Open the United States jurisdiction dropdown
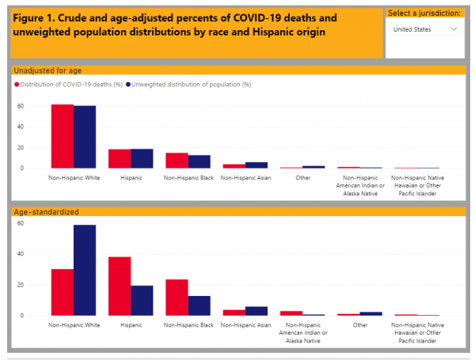(x=425, y=28)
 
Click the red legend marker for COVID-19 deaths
(x=17, y=84)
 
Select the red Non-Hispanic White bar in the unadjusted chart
(x=63, y=136)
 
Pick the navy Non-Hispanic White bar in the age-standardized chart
(x=85, y=270)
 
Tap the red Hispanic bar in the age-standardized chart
(x=120, y=286)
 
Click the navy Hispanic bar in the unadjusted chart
(x=142, y=158)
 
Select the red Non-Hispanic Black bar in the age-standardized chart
(x=177, y=297)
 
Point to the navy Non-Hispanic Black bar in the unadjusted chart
(x=199, y=161)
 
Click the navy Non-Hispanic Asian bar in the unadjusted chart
(x=256, y=165)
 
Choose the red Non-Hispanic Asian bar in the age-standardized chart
(x=234, y=313)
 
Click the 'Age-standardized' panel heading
(x=46, y=212)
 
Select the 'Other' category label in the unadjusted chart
(x=302, y=178)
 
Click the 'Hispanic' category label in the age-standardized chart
(x=131, y=324)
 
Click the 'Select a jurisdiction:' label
(x=424, y=13)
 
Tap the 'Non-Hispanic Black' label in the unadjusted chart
(x=188, y=178)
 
